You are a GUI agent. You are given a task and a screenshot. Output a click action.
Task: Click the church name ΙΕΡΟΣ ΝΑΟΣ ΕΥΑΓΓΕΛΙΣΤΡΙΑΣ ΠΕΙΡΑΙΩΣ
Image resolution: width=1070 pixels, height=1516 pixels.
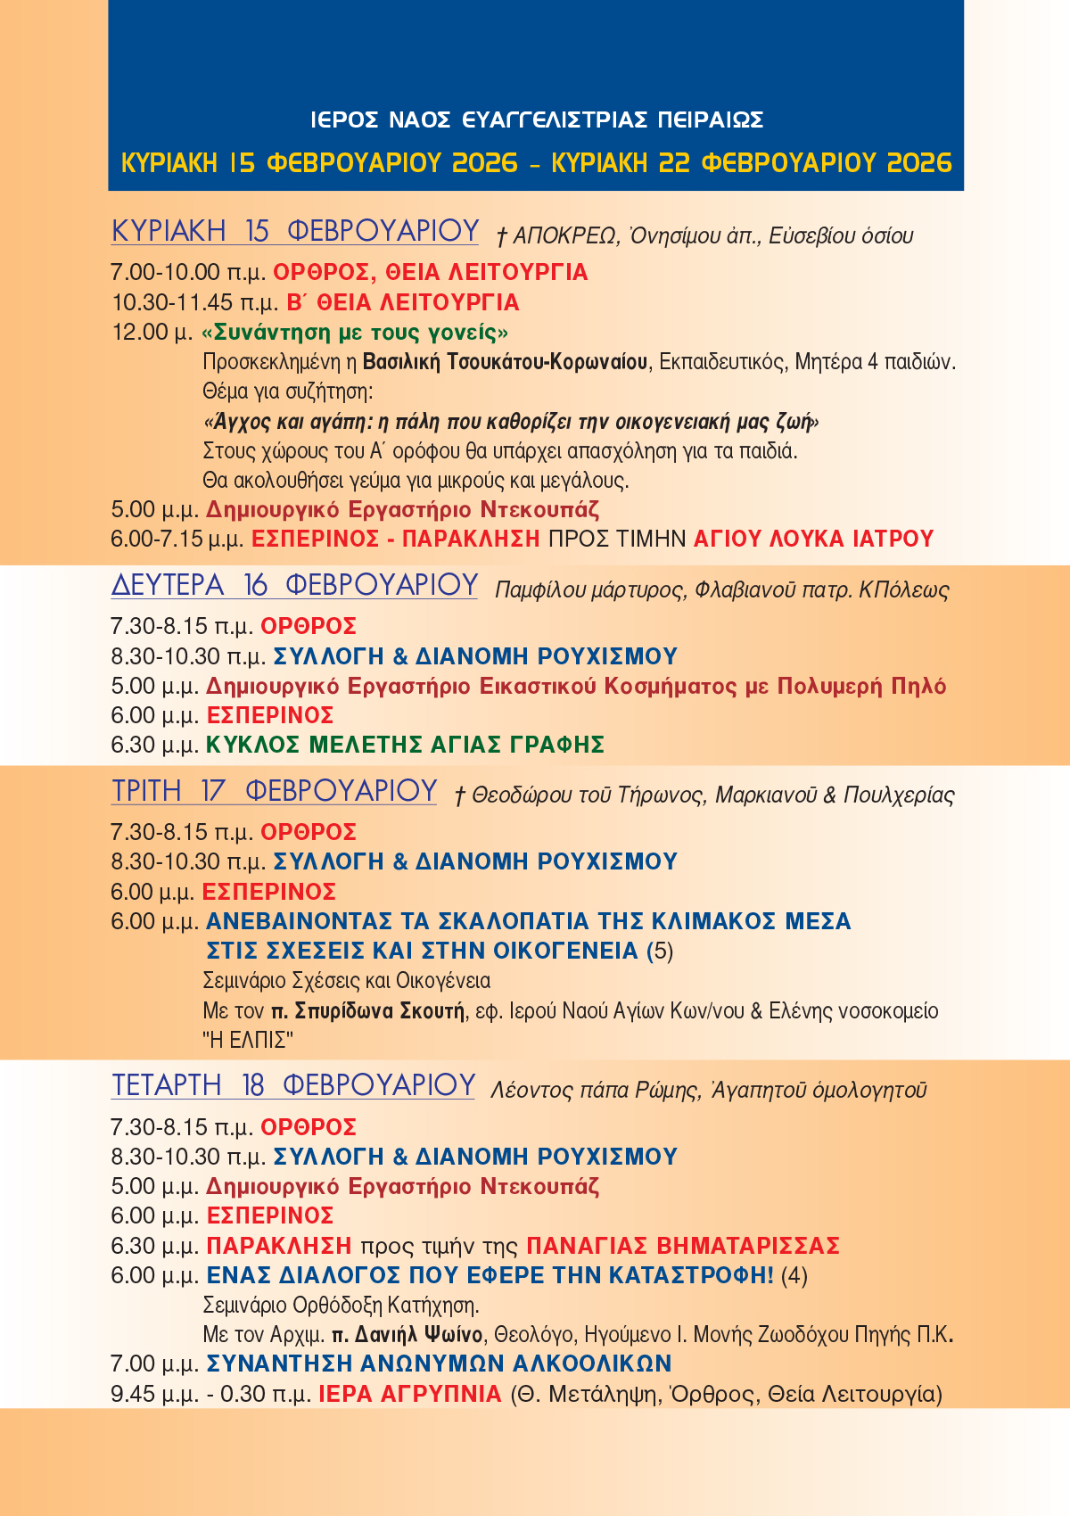click(x=537, y=119)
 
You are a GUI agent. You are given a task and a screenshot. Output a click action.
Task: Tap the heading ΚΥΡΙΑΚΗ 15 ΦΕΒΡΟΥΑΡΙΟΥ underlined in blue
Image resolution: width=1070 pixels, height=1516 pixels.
click(x=295, y=231)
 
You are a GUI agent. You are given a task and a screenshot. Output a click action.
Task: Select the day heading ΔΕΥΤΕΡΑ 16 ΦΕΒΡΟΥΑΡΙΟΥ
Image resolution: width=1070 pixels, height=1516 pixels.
click(x=295, y=585)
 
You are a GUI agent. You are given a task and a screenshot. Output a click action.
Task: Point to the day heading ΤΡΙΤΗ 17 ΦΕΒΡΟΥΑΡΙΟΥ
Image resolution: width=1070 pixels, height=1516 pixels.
click(x=275, y=791)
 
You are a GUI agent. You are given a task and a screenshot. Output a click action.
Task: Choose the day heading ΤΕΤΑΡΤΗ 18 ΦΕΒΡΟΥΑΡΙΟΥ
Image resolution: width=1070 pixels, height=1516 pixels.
click(x=293, y=1085)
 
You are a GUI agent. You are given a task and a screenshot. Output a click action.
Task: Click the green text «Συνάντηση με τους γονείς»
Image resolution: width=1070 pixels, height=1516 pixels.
click(x=356, y=333)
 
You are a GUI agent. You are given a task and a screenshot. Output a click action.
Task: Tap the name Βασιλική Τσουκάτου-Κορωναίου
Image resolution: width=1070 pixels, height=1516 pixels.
click(x=506, y=362)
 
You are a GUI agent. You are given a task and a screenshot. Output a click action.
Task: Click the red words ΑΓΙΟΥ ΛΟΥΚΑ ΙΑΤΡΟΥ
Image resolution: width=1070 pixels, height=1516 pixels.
click(x=813, y=539)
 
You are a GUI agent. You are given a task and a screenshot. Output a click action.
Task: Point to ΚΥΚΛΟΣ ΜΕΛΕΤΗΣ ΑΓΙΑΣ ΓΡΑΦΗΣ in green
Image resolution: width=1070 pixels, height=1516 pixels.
click(x=406, y=745)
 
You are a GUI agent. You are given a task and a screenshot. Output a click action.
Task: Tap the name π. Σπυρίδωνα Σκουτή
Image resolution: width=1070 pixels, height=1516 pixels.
click(x=368, y=1010)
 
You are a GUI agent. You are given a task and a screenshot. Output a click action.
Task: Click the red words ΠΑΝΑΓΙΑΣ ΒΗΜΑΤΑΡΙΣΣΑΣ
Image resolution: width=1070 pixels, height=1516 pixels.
click(x=683, y=1245)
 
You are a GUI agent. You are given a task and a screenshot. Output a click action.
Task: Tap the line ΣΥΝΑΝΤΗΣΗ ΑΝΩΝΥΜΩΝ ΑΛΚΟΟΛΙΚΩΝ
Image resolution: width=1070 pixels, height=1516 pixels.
click(x=439, y=1364)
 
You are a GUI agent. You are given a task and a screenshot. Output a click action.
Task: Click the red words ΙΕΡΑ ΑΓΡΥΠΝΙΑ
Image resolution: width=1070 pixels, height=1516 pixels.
click(x=410, y=1394)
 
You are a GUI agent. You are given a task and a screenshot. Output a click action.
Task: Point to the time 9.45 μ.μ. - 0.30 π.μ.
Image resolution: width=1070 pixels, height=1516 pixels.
click(x=210, y=1394)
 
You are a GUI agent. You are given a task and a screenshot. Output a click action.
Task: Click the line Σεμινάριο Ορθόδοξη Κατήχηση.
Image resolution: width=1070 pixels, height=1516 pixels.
click(x=342, y=1306)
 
